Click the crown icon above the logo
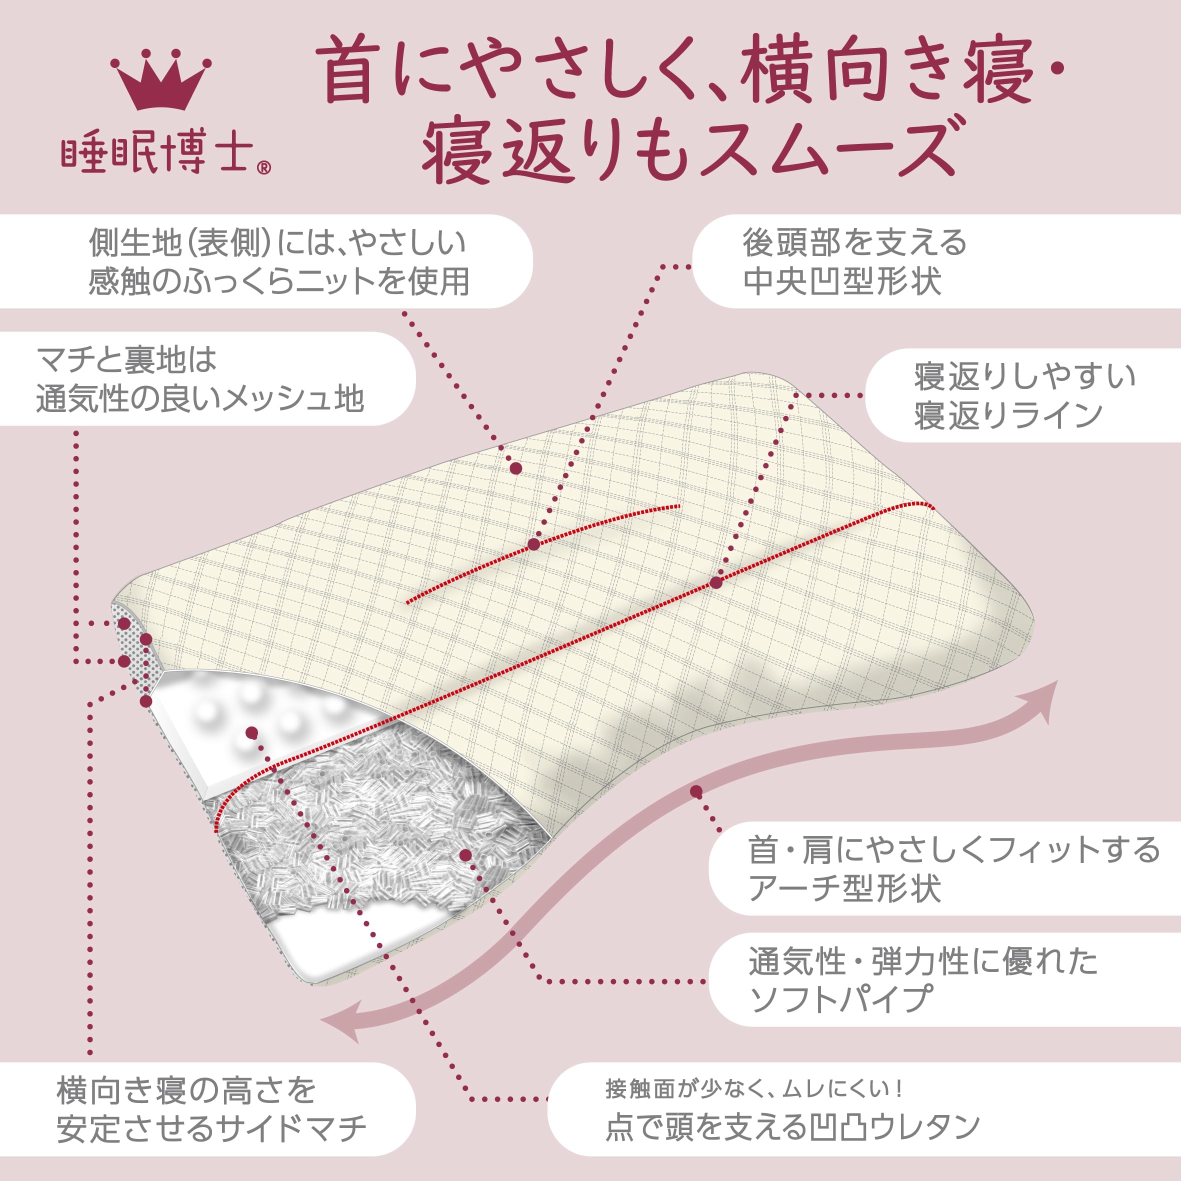161,80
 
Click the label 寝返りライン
1008,415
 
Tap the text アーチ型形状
844,887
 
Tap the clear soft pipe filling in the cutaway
367,825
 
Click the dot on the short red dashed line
533,544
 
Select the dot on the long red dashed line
716,582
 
